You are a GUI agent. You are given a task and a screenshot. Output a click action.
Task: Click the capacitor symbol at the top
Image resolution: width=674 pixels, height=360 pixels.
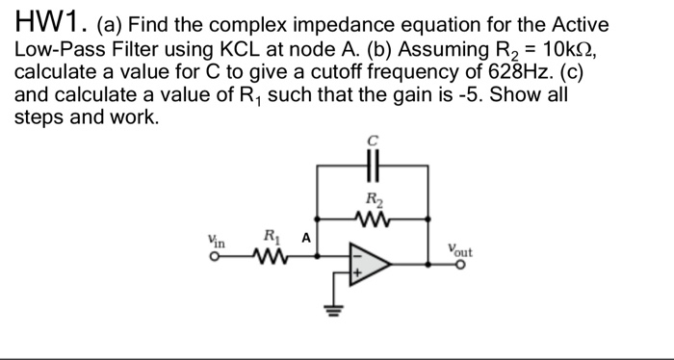pyautogui.click(x=374, y=165)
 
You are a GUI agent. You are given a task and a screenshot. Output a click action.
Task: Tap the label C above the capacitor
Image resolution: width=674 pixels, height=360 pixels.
pyautogui.click(x=374, y=141)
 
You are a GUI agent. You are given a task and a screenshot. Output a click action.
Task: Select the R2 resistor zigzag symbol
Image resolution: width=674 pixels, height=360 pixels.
pyautogui.click(x=374, y=219)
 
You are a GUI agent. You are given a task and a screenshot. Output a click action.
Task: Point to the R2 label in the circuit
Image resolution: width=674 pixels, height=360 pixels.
pyautogui.click(x=375, y=201)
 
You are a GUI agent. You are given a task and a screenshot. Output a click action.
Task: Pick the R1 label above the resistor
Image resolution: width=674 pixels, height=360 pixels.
pyautogui.click(x=272, y=235)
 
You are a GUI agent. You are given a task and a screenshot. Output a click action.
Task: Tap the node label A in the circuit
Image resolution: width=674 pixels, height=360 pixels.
pyautogui.click(x=305, y=237)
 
